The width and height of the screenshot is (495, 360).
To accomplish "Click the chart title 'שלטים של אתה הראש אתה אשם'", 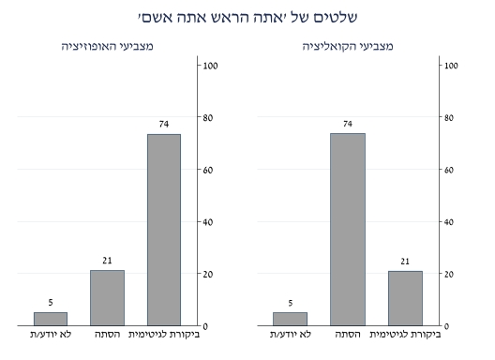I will (x=247, y=17).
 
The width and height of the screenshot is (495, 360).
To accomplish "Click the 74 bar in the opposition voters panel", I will (x=163, y=230).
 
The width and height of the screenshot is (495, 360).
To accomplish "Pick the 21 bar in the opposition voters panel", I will (x=107, y=298).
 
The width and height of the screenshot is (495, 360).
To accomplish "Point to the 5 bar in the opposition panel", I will (x=51, y=319).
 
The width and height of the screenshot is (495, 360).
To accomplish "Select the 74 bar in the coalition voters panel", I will (x=349, y=230).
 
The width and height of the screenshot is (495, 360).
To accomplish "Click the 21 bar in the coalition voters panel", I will (x=405, y=298).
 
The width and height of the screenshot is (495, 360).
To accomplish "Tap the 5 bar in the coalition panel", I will (x=290, y=319).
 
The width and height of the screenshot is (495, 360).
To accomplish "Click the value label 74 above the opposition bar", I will (x=163, y=124).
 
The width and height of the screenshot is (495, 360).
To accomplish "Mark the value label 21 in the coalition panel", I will (x=405, y=261).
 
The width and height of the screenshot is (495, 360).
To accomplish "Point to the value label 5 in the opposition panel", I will (x=51, y=303).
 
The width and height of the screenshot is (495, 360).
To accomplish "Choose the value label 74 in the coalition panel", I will (x=349, y=124).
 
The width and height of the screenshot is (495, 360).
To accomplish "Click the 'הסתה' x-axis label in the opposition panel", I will (x=106, y=335).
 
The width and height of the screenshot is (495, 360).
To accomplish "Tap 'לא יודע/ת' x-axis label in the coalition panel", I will (x=290, y=335).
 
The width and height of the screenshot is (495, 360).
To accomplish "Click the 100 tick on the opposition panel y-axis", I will (x=211, y=65).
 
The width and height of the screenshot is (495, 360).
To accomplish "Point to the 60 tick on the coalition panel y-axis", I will (x=450, y=170).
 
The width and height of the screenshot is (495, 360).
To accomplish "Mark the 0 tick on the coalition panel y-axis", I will (x=447, y=326).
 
